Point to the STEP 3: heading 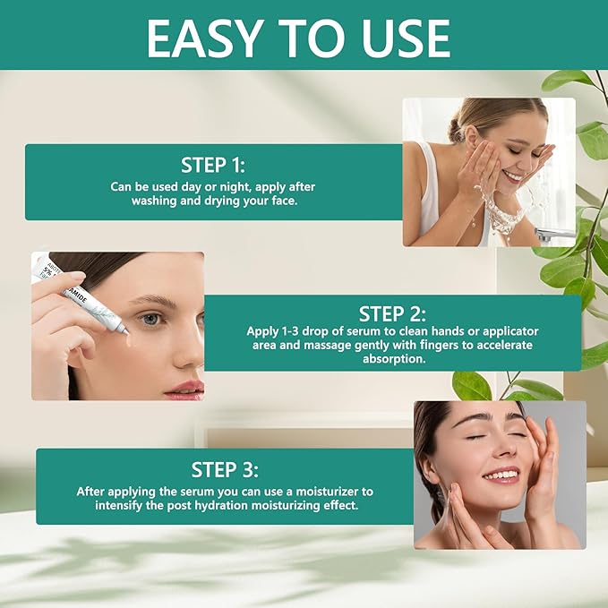tap(225, 469)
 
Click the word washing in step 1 tap(156, 201)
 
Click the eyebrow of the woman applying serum tap(154, 300)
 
